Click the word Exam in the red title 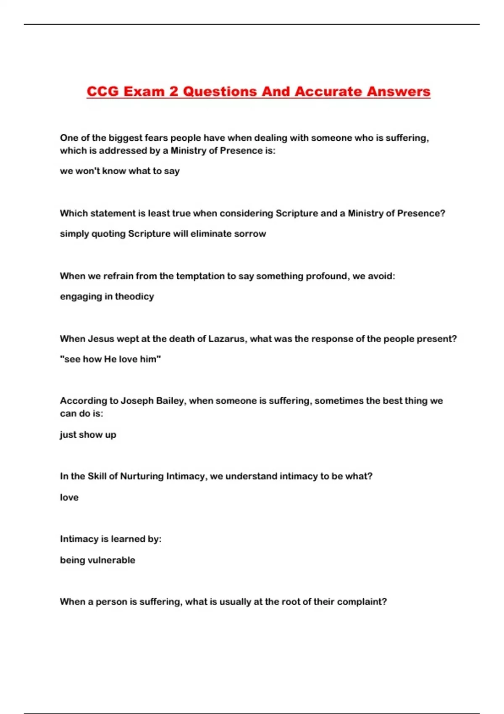pyautogui.click(x=144, y=91)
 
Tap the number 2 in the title pyautogui.click(x=174, y=91)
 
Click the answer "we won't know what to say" pyautogui.click(x=120, y=171)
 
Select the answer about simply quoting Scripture pyautogui.click(x=163, y=234)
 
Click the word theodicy pyautogui.click(x=134, y=297)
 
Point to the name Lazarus pyautogui.click(x=226, y=339)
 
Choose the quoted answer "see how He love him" pyautogui.click(x=110, y=359)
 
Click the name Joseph pyautogui.click(x=137, y=401)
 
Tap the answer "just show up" pyautogui.click(x=88, y=434)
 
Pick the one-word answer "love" pyautogui.click(x=69, y=497)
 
